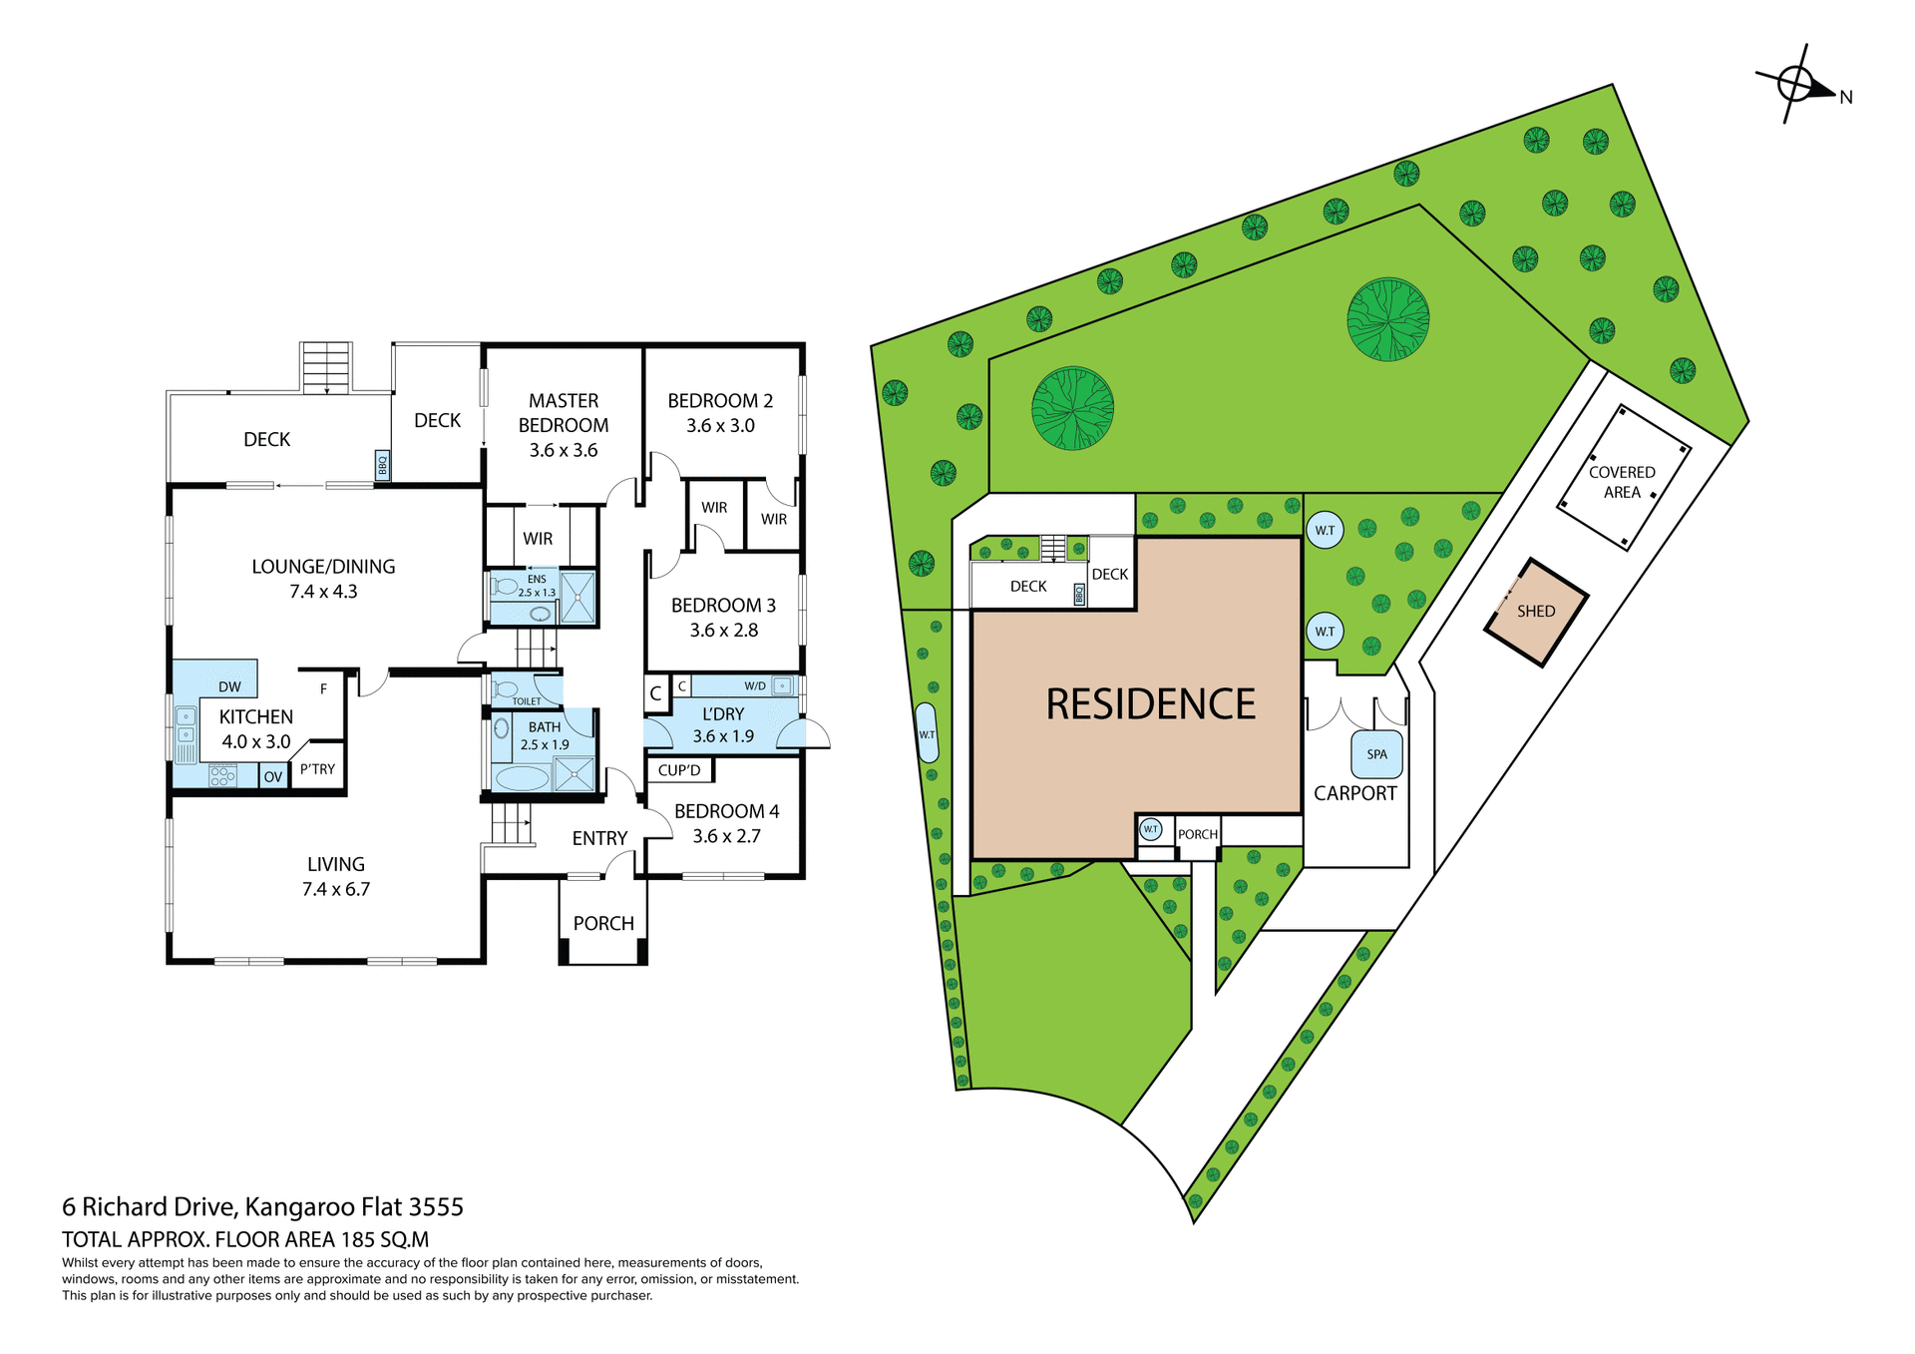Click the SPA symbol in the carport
[1376, 754]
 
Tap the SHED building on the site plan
[1536, 612]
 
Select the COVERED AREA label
[1622, 482]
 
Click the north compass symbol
[1795, 84]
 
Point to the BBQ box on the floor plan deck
[382, 465]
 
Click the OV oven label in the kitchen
[273, 776]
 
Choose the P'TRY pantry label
[317, 768]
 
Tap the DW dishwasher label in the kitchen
[229, 686]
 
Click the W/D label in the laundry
[755, 685]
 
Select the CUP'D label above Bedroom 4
[679, 770]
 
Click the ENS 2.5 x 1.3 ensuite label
[537, 586]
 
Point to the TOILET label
[527, 701]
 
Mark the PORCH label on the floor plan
[603, 924]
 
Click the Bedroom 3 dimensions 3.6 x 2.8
[724, 631]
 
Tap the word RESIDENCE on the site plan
[1150, 704]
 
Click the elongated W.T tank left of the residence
[927, 733]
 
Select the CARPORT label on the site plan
[1354, 793]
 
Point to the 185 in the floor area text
[357, 1240]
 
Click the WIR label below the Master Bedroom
[538, 539]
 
